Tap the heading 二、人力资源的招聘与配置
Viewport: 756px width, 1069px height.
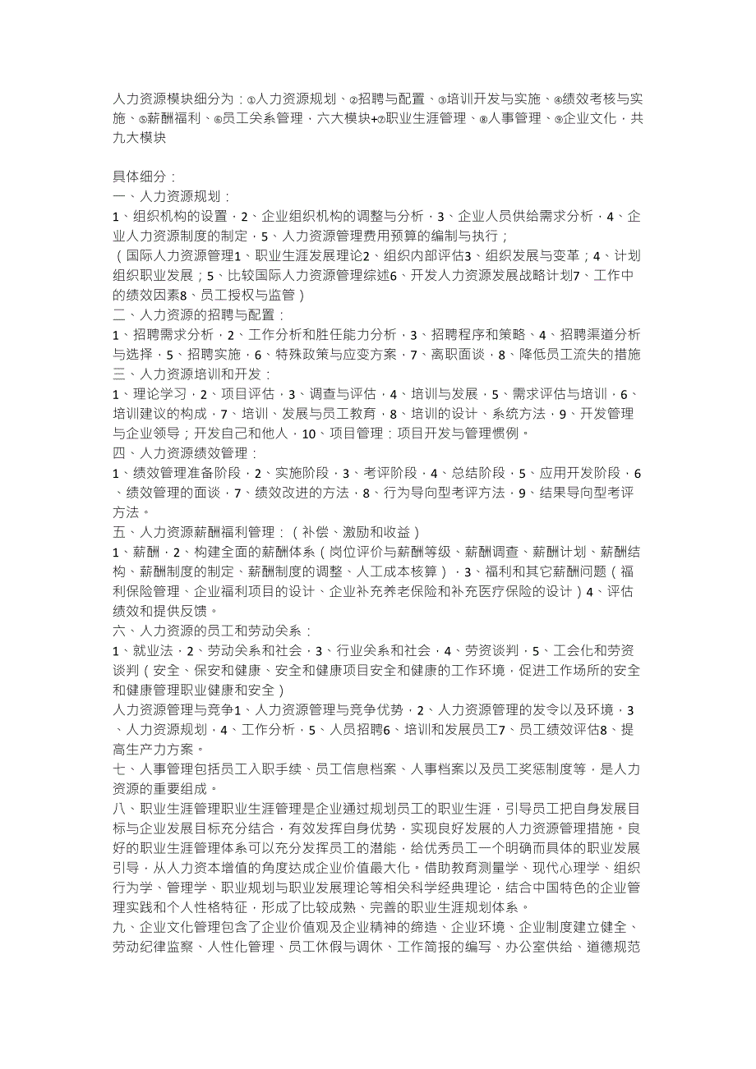(199, 314)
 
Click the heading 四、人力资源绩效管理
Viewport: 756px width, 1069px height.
(186, 452)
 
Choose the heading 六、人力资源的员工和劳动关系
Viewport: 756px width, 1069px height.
(212, 631)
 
